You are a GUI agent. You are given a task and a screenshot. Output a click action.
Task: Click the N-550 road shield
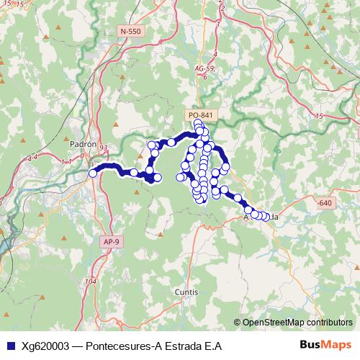tap(131, 32)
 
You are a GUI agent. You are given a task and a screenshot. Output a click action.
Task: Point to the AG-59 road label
tap(204, 68)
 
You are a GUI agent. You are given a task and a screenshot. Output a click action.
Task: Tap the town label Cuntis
tap(186, 292)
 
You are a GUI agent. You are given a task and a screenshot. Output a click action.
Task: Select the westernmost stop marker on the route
tap(92, 173)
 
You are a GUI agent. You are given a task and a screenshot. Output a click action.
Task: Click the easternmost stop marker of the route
tap(267, 217)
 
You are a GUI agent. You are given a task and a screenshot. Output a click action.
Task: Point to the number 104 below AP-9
tap(91, 281)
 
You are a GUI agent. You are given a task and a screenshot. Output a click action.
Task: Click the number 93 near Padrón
tap(104, 148)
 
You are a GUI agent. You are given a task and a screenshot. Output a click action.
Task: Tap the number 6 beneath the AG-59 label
tap(206, 76)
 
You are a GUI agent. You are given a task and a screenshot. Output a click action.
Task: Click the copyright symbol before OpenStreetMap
tap(238, 323)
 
